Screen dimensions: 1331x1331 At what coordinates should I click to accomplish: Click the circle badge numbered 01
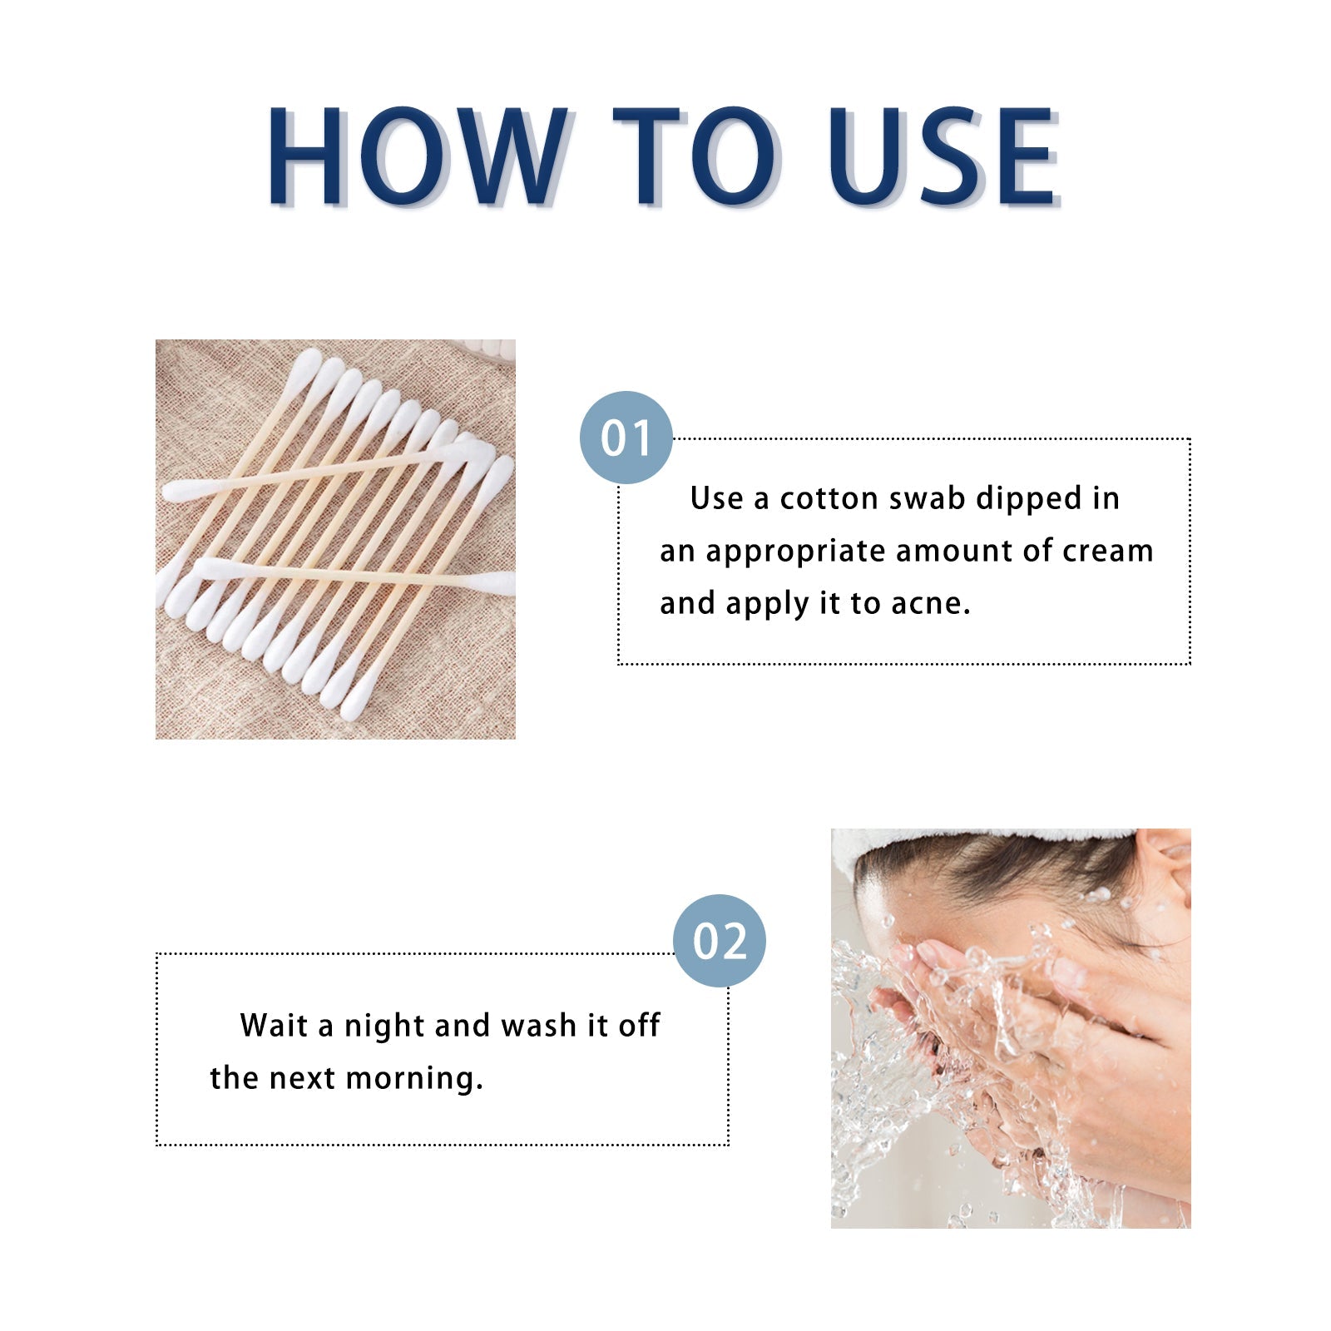(x=626, y=438)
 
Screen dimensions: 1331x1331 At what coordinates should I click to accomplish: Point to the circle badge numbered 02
(x=719, y=941)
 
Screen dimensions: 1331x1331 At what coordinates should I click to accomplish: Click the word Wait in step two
(x=274, y=1026)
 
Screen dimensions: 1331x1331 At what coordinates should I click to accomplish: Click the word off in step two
(x=639, y=1026)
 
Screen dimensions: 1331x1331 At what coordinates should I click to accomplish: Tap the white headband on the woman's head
(x=957, y=839)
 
